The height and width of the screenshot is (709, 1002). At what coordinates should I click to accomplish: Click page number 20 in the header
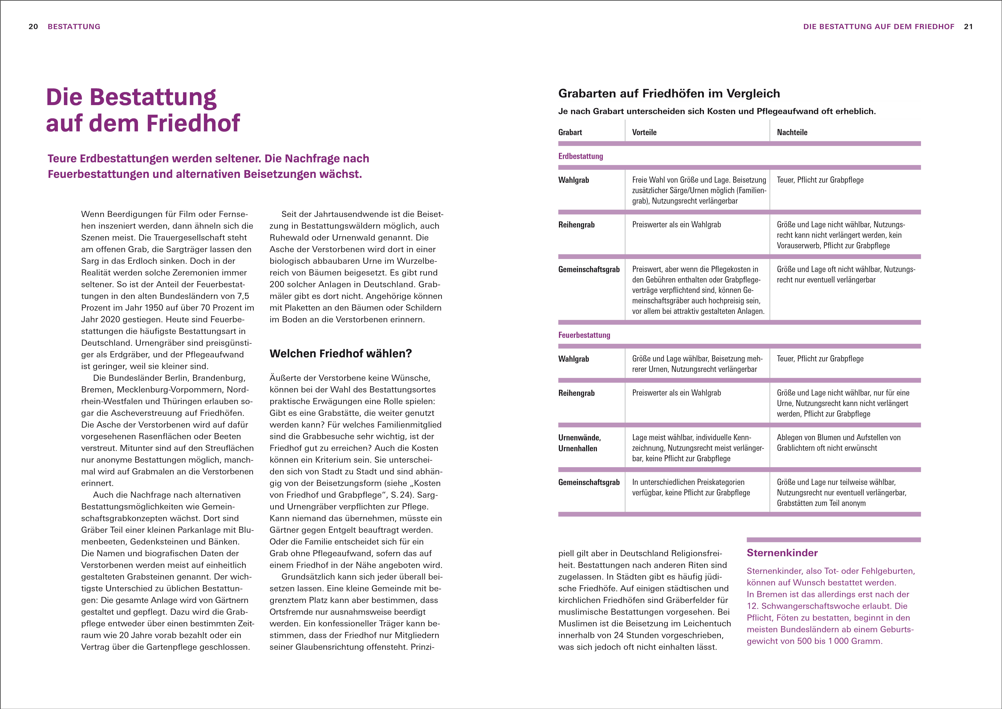pyautogui.click(x=33, y=27)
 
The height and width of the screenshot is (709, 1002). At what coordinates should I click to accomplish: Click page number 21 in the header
pyautogui.click(x=968, y=27)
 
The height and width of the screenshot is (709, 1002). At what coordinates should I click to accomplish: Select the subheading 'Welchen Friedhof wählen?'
pyautogui.click(x=340, y=354)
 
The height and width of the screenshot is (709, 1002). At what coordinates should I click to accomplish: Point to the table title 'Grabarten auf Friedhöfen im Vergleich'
pyautogui.click(x=669, y=93)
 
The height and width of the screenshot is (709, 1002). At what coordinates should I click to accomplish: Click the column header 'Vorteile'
pyautogui.click(x=644, y=132)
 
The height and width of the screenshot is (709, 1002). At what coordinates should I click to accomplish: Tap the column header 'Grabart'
pyautogui.click(x=570, y=132)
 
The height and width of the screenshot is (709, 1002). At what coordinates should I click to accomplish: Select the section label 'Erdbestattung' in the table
pyautogui.click(x=580, y=156)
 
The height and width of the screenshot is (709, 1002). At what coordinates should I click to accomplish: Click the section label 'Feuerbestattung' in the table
pyautogui.click(x=584, y=335)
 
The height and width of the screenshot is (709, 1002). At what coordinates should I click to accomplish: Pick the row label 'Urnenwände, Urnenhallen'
pyautogui.click(x=579, y=443)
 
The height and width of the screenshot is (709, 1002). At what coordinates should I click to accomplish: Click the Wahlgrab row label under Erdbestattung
pyautogui.click(x=573, y=180)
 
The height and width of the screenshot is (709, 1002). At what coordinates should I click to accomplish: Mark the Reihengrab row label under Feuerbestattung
pyautogui.click(x=576, y=393)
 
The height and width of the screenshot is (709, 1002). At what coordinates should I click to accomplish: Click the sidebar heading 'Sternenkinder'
pyautogui.click(x=782, y=553)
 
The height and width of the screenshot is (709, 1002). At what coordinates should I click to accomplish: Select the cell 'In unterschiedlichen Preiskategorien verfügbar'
pyautogui.click(x=688, y=487)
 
